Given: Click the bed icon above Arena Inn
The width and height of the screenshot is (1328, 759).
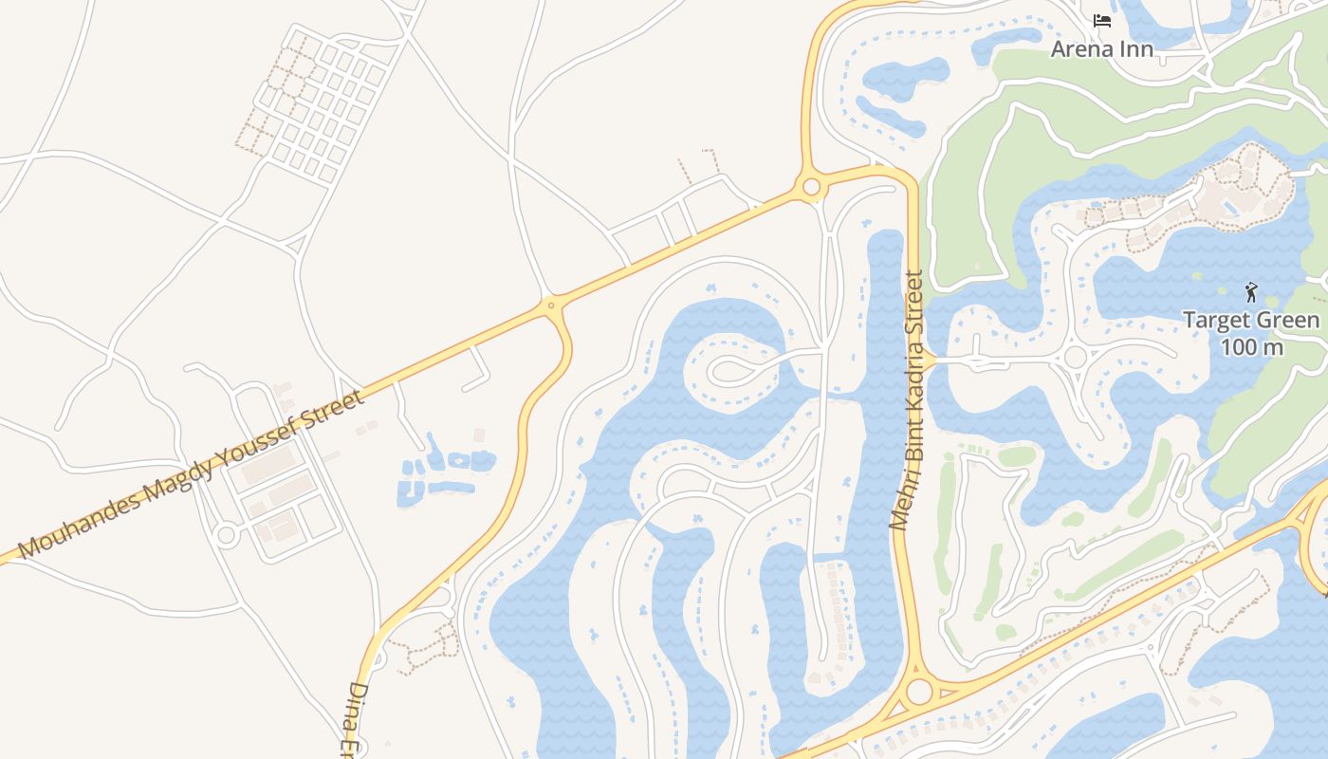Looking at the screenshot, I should click(1101, 20).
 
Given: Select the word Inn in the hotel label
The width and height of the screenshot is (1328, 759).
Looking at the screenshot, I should click(1135, 48).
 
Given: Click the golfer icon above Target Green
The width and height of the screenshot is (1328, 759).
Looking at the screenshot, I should click(1251, 292).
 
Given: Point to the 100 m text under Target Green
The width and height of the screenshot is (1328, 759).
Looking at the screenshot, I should click(1251, 347).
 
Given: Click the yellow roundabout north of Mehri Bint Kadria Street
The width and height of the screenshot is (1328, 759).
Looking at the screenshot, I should click(811, 187).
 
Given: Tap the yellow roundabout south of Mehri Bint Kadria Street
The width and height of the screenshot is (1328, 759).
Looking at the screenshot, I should click(918, 691).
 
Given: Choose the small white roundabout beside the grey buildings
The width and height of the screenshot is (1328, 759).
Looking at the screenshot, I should click(226, 535).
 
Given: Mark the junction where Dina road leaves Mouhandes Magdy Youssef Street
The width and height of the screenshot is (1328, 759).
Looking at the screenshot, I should click(550, 305).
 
